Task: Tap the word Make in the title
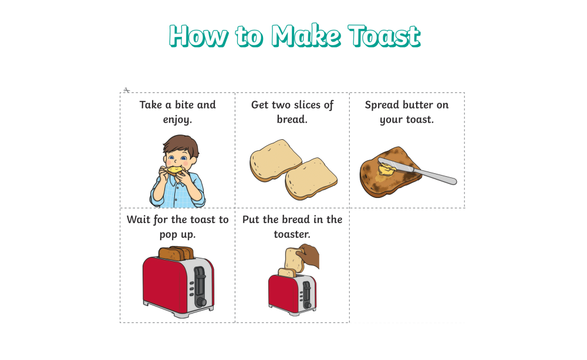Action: click(305, 36)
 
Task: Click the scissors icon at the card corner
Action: click(126, 90)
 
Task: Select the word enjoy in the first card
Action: click(177, 120)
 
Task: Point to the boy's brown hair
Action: click(180, 143)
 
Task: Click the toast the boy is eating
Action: click(174, 170)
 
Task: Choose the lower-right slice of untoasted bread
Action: click(311, 177)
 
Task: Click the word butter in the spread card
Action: click(417, 105)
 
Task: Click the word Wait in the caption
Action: click(139, 220)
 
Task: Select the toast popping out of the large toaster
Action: click(176, 253)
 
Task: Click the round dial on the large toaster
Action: click(200, 301)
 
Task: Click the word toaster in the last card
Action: click(292, 234)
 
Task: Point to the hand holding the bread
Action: click(309, 257)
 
